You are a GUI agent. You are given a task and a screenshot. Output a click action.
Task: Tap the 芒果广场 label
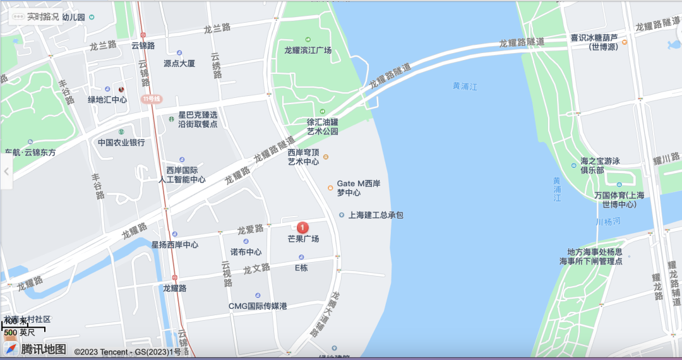(303, 239)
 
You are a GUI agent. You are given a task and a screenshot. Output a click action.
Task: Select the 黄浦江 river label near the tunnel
(465, 86)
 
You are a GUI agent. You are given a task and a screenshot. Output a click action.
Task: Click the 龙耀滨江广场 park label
(308, 51)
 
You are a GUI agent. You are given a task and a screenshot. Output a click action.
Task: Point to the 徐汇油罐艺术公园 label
(323, 127)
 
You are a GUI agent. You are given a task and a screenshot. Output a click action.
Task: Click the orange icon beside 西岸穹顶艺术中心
(326, 157)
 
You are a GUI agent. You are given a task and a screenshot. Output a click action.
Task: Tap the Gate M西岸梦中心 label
(358, 188)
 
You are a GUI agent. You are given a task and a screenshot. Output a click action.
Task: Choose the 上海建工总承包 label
(376, 215)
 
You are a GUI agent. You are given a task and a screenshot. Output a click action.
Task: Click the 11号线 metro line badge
(152, 99)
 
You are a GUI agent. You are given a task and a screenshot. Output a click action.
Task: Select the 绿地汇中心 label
(107, 100)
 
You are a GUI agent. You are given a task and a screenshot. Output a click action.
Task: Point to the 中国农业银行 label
(121, 143)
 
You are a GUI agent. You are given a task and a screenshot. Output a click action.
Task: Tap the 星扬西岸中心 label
(175, 244)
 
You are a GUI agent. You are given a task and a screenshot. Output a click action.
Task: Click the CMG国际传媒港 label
(258, 306)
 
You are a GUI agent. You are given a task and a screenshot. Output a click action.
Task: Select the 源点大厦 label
(179, 64)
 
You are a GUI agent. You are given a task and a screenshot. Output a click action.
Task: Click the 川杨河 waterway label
(608, 222)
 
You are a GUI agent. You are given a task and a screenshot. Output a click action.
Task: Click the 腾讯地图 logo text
(44, 349)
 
